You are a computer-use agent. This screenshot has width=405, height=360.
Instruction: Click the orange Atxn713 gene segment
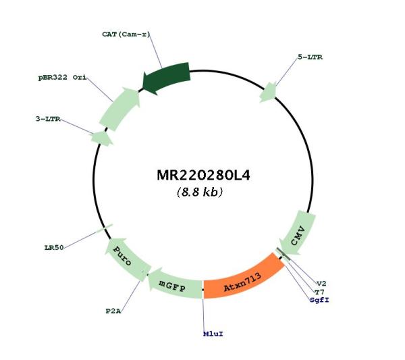(243, 280)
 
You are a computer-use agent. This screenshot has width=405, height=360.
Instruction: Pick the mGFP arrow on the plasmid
(173, 285)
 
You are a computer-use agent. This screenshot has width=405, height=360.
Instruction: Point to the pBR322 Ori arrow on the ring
(121, 109)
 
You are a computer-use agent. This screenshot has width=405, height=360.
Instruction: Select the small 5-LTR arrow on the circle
(269, 93)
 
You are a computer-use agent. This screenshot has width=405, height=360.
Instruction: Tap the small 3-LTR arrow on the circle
(101, 138)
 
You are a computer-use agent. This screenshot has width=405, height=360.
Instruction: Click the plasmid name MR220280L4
(204, 175)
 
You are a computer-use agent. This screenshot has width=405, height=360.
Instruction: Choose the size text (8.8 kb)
(200, 192)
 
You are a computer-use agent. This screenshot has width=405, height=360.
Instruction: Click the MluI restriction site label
(213, 334)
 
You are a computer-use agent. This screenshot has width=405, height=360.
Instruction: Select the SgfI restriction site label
(319, 300)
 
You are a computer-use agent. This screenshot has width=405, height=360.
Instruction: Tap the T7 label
(319, 292)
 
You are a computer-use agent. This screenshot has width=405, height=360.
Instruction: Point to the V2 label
(321, 284)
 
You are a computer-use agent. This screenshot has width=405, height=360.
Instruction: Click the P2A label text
(113, 311)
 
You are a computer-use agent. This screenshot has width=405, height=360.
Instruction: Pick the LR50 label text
(54, 248)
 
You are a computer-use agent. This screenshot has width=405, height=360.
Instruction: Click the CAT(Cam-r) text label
(126, 34)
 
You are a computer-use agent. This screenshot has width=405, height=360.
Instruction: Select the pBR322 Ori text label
(62, 77)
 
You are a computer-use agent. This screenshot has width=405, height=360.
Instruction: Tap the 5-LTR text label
(310, 57)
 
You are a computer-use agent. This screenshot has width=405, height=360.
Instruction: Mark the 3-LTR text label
(48, 119)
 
